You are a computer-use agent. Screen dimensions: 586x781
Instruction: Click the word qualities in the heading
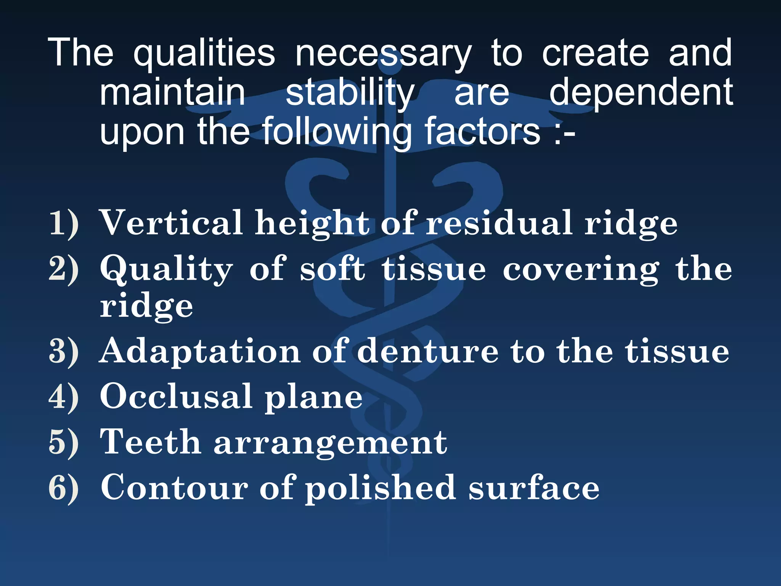(204, 53)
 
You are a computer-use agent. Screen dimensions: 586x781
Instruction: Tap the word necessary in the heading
(383, 53)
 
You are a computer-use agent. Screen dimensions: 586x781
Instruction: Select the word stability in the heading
(350, 93)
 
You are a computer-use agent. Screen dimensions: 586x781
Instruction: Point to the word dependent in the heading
(641, 93)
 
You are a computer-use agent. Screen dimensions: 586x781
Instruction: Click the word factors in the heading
(482, 132)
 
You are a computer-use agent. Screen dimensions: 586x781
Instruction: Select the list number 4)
(64, 397)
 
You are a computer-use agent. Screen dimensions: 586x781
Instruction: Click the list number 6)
(64, 488)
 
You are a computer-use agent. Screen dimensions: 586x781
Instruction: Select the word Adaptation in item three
(200, 352)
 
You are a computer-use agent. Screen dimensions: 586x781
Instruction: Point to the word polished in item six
(380, 488)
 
